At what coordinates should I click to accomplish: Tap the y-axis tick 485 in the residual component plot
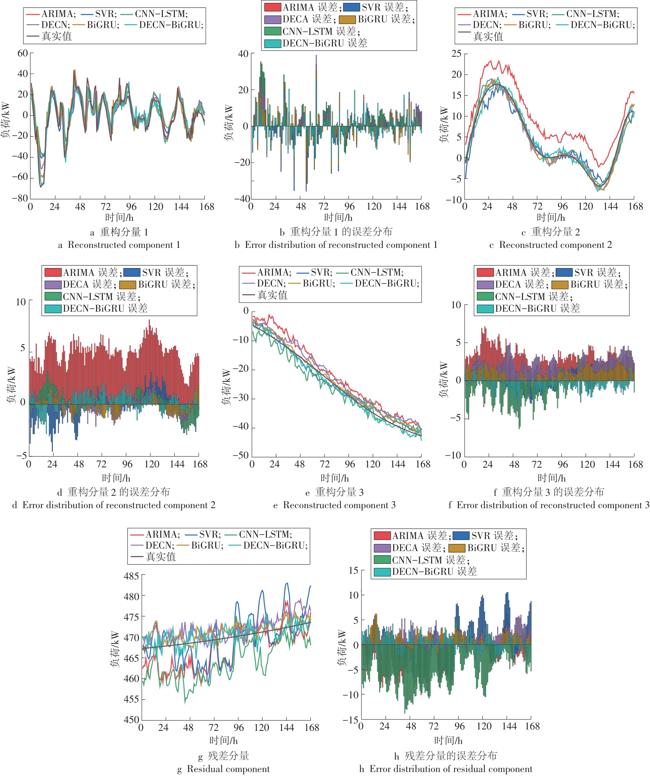tap(131, 576)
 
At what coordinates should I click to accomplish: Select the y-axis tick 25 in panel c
tap(456, 53)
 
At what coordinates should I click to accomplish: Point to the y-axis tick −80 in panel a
tap(20, 198)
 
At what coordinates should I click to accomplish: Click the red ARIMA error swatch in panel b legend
tap(273, 7)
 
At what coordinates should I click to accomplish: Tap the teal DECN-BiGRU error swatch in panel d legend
tap(53, 309)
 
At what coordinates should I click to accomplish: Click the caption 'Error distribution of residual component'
tap(446, 769)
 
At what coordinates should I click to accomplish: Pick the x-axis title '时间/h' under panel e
tap(334, 478)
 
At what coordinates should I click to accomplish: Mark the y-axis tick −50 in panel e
tap(240, 455)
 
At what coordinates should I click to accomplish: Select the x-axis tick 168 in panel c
tap(635, 206)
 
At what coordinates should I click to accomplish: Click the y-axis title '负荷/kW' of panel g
tap(115, 649)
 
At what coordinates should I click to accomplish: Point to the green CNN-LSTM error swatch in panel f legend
tap(485, 297)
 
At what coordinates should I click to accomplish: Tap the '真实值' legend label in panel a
tap(57, 36)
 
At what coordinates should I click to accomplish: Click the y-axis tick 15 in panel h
tap(353, 571)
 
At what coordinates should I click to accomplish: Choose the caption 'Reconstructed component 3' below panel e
tap(334, 505)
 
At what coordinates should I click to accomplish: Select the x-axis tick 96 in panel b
tap(349, 206)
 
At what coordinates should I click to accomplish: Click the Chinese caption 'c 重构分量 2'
tap(550, 232)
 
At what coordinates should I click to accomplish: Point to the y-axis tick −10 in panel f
tap(453, 455)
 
